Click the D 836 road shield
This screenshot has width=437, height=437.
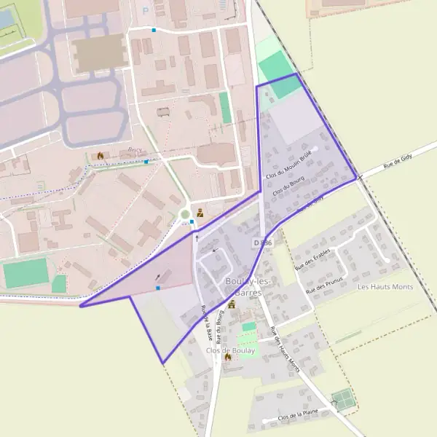coord(263,242)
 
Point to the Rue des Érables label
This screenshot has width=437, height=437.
coord(312,259)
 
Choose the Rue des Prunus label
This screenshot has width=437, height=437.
coord(324,280)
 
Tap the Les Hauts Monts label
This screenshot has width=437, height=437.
coord(385,287)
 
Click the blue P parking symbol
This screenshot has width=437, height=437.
coord(144,10)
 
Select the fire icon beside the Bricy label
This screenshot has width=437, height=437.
coord(100,155)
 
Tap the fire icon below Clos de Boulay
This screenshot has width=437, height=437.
coord(227,358)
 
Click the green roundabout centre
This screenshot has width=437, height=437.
coord(184,214)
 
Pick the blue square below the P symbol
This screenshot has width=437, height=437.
coord(154,30)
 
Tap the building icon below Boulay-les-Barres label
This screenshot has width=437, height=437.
coord(232,304)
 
